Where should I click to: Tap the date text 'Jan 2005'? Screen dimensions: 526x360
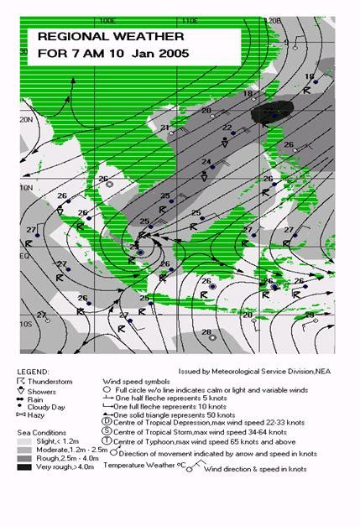[159, 53]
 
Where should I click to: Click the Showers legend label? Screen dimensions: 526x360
[45, 391]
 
